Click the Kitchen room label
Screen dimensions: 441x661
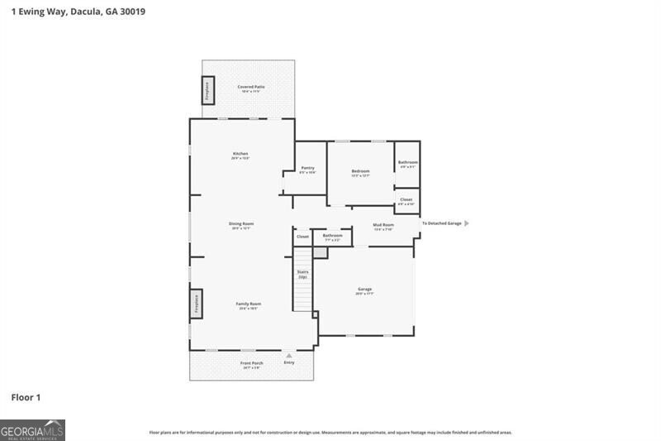[x=240, y=154]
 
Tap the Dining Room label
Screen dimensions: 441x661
[x=240, y=223]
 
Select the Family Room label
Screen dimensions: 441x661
[x=249, y=304]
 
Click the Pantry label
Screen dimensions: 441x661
[x=307, y=168]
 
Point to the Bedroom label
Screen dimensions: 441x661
[x=360, y=171]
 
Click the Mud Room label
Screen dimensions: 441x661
[x=383, y=225]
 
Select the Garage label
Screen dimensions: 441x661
[x=364, y=290]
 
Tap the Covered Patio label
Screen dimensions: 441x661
[x=250, y=87]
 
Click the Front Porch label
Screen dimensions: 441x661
[x=251, y=363]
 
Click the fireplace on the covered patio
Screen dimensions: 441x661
[x=207, y=90]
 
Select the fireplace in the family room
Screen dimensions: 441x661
[x=197, y=304]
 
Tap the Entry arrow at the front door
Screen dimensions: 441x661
[x=288, y=356]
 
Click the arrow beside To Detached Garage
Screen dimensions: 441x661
[x=467, y=223]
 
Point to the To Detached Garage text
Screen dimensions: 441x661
[x=441, y=223]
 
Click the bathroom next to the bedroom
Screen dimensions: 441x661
[x=407, y=164]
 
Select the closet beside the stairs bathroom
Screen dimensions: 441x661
[x=302, y=237]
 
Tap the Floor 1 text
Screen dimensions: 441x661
[x=26, y=398]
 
